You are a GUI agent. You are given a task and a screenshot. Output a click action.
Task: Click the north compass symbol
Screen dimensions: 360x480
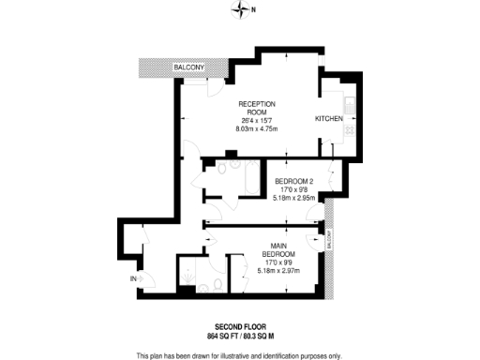click(x=240, y=10)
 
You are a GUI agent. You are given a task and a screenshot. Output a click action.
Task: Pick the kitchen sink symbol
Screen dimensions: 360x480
click(x=348, y=105)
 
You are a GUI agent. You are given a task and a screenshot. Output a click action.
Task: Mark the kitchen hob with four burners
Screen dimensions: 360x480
click(x=348, y=131)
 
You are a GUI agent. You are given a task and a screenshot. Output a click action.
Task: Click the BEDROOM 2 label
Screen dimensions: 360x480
click(x=294, y=181)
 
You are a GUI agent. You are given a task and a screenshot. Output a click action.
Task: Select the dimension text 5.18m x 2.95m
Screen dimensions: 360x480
click(x=294, y=198)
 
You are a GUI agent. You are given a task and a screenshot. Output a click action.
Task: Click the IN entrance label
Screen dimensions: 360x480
click(x=133, y=278)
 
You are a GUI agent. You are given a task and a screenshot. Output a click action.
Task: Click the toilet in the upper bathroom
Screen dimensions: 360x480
click(x=208, y=181)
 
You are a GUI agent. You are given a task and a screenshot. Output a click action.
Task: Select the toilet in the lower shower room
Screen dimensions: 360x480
click(x=215, y=285)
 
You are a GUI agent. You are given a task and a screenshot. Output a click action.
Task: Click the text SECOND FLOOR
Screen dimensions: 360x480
click(x=241, y=325)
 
